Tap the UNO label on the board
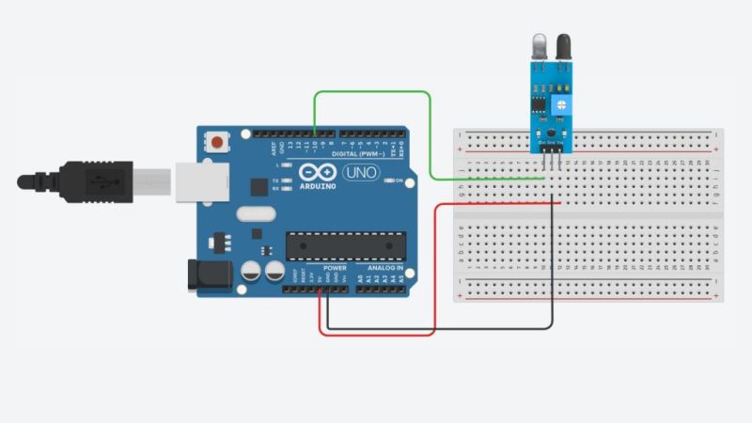[360, 173]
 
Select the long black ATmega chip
[341, 245]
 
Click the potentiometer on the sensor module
[561, 107]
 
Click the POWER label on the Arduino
[335, 268]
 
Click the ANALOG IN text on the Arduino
[384, 268]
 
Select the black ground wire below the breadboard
[442, 328]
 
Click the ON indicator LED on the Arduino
[388, 180]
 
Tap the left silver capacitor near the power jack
[251, 272]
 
